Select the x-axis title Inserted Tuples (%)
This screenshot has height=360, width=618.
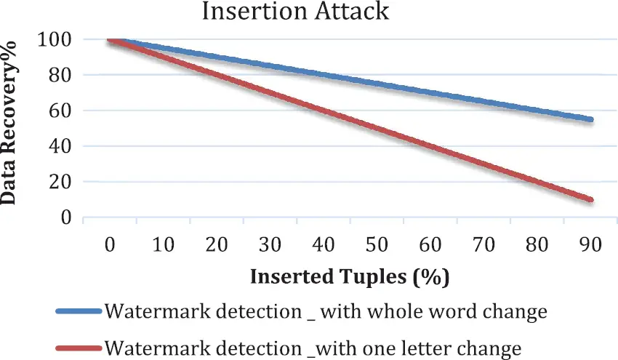(x=350, y=277)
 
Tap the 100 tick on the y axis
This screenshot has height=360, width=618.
(x=56, y=39)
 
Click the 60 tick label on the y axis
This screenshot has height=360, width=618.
(x=61, y=111)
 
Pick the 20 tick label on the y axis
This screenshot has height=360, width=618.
(x=61, y=182)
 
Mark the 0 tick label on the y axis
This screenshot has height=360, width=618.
(x=66, y=217)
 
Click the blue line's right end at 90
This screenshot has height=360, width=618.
(x=591, y=119)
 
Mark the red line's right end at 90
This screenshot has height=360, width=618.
(x=591, y=199)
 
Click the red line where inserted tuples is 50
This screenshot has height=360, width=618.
(x=377, y=128)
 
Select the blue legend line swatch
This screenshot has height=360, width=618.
(x=79, y=311)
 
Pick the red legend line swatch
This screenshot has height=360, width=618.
(x=79, y=348)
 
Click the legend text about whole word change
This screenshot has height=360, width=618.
(x=325, y=312)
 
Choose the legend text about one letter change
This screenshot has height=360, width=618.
(x=313, y=348)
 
